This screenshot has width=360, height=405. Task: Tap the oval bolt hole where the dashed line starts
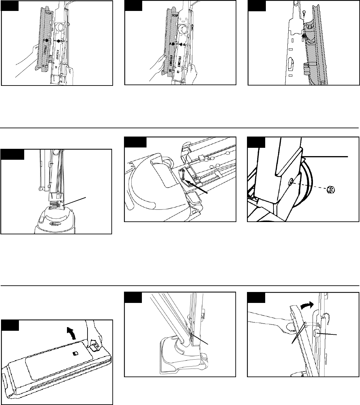coord(291,181)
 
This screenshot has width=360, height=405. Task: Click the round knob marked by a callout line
coord(317,333)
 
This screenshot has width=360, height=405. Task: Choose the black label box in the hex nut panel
coord(256,142)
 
